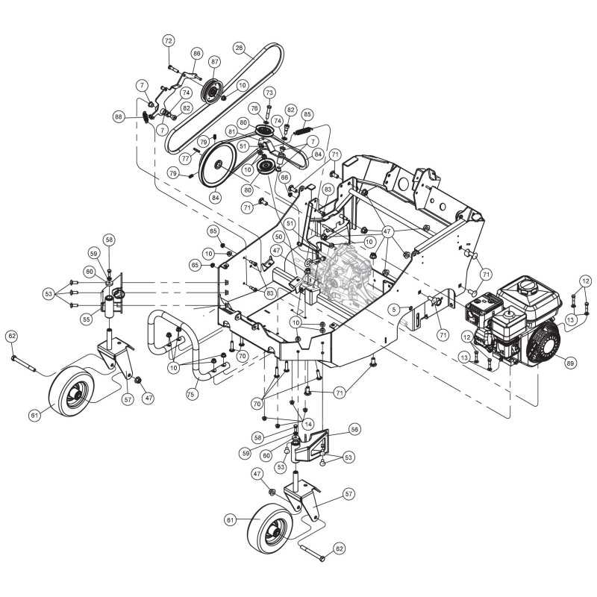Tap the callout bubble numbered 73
coord(269,92)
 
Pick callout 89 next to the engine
coord(570,363)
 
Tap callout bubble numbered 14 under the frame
coord(307,423)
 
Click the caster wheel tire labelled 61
coord(69,392)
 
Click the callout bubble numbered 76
coord(254,109)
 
